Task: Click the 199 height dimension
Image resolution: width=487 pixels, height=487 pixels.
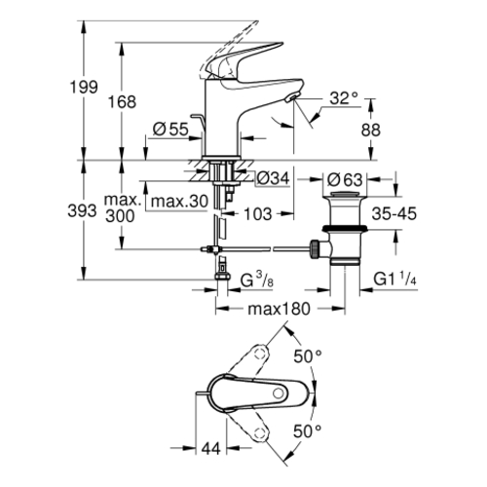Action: [84, 87]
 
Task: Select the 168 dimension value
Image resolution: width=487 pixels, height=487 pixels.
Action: [122, 102]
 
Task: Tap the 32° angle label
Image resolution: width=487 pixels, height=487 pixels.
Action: [344, 97]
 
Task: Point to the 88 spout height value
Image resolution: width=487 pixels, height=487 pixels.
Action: [370, 130]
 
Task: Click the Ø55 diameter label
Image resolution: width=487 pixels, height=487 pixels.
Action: [170, 130]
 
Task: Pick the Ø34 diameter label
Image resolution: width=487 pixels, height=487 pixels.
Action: [273, 178]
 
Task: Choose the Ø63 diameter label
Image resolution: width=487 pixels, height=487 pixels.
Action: [345, 179]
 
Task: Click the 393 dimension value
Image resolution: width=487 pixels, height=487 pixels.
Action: [82, 211]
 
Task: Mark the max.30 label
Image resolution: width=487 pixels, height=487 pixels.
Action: [179, 202]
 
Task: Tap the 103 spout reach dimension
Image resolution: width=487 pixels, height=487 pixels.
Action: [257, 214]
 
